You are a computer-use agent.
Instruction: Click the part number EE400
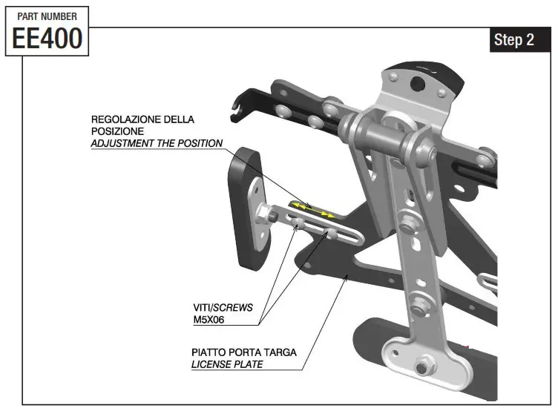(47, 38)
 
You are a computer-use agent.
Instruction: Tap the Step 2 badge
(513, 40)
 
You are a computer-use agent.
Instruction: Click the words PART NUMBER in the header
(47, 16)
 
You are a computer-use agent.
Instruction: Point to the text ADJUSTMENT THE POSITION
(157, 143)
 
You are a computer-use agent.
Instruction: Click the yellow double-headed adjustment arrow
(312, 209)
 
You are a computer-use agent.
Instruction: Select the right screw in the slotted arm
(334, 234)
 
